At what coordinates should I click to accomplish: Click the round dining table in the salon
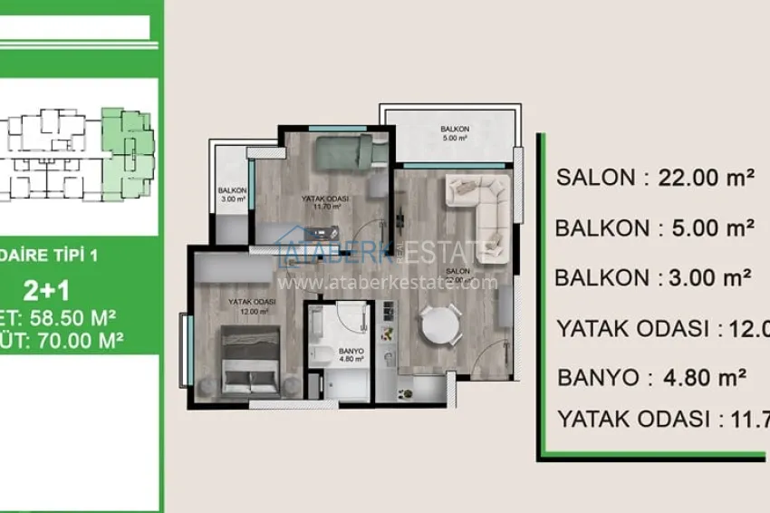coord(438,324)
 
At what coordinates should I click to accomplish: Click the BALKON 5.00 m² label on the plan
coord(454,134)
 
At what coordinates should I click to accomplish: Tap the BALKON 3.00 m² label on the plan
coord(231,194)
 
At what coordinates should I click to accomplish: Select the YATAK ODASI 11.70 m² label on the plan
coord(325,201)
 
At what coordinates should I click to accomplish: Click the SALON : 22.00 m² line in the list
coord(655,178)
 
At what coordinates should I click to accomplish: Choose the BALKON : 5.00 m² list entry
coord(655,227)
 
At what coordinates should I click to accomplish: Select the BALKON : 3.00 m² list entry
coord(655,277)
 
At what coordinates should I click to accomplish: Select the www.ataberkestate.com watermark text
coord(388,282)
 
